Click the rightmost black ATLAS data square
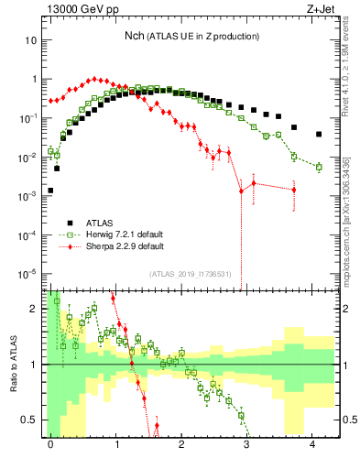(319, 134)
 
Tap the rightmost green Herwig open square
(319, 167)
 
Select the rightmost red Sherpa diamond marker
(294, 190)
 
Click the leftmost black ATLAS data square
(50, 191)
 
